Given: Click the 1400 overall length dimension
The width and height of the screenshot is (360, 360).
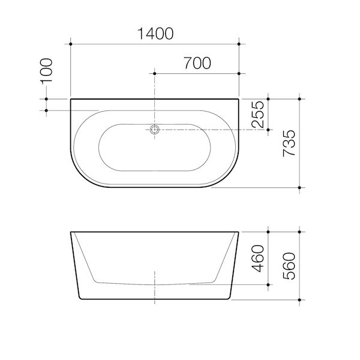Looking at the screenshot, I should click(x=155, y=34).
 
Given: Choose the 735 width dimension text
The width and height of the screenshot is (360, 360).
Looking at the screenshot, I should click(x=289, y=143).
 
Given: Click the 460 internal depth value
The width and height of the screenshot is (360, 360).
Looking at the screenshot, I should click(x=257, y=257).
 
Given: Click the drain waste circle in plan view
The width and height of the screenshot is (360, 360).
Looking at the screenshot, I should click(x=155, y=130).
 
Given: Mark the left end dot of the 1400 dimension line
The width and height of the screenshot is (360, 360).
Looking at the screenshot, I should click(x=71, y=44).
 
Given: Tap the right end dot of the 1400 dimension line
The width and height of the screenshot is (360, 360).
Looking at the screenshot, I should click(x=239, y=44).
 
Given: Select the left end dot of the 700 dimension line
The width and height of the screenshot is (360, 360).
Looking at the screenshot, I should click(x=155, y=73).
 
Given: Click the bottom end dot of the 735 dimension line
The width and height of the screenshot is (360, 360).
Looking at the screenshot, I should click(x=299, y=187).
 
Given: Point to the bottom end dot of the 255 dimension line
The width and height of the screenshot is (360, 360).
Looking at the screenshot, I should click(x=268, y=130).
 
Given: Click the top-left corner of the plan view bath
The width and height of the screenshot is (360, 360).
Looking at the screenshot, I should click(x=71, y=99).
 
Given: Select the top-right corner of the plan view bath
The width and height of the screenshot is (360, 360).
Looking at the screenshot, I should click(x=239, y=99).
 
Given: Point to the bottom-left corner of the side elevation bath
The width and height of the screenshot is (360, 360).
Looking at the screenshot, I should click(x=82, y=299).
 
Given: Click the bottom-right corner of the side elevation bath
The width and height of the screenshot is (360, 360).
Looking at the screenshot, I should click(x=229, y=299).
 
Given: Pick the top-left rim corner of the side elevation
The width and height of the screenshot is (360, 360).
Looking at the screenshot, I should click(x=71, y=231).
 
